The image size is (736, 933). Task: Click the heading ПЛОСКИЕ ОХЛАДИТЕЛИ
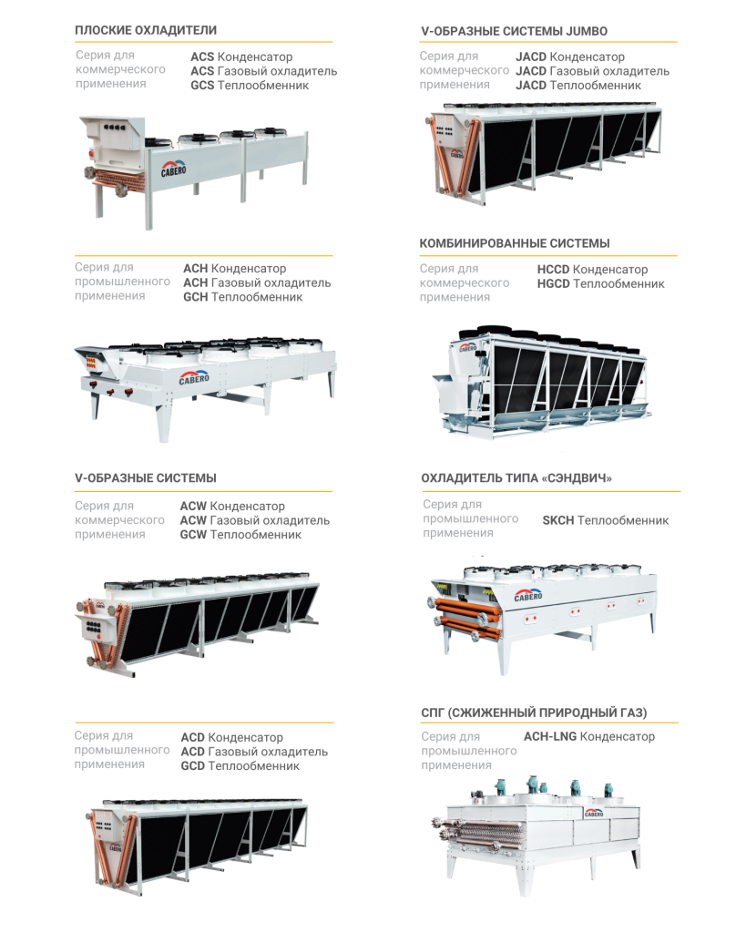point(146,30)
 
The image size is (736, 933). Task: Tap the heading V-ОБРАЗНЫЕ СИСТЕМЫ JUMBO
point(515,30)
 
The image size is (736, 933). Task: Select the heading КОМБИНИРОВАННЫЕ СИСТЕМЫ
point(515,243)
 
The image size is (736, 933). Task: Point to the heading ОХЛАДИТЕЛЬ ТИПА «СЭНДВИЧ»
point(516,477)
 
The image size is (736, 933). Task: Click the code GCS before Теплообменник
point(202,86)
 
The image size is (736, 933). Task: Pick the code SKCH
point(557,520)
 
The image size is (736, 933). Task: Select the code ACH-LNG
point(549,736)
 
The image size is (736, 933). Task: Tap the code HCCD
point(553,270)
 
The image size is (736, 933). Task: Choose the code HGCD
point(553,284)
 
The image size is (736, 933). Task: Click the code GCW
point(193,535)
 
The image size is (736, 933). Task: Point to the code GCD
point(192,766)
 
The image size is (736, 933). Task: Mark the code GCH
point(195,297)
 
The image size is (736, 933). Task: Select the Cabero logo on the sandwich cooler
point(528,595)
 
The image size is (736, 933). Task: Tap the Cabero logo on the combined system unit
point(467,347)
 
